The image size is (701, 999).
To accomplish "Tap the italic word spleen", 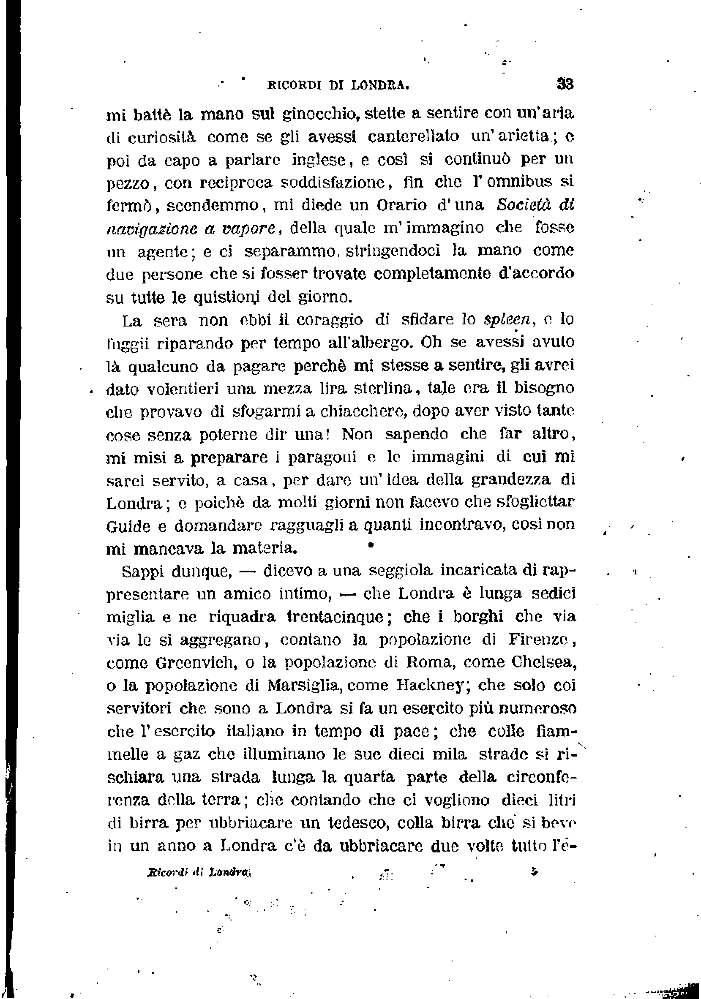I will (x=507, y=320).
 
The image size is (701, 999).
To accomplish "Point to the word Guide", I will (x=128, y=526).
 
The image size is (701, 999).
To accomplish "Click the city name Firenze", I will (x=538, y=640).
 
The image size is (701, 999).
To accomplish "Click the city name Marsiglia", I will (x=303, y=685).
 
